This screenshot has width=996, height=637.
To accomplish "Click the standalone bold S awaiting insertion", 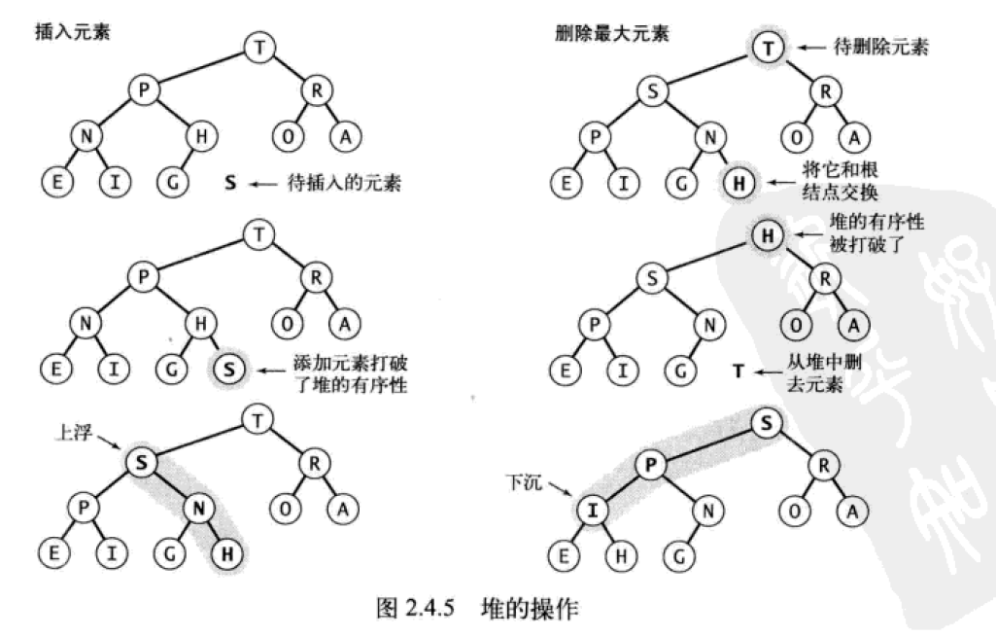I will pyautogui.click(x=230, y=182).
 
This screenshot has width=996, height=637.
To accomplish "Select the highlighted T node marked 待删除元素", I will pyautogui.click(x=768, y=46).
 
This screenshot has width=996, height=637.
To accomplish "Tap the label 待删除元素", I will pyautogui.click(x=880, y=46).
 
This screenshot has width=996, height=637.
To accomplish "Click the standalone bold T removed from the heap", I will pyautogui.click(x=738, y=371).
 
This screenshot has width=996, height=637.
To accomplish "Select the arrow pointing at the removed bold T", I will pyautogui.click(x=768, y=371).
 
